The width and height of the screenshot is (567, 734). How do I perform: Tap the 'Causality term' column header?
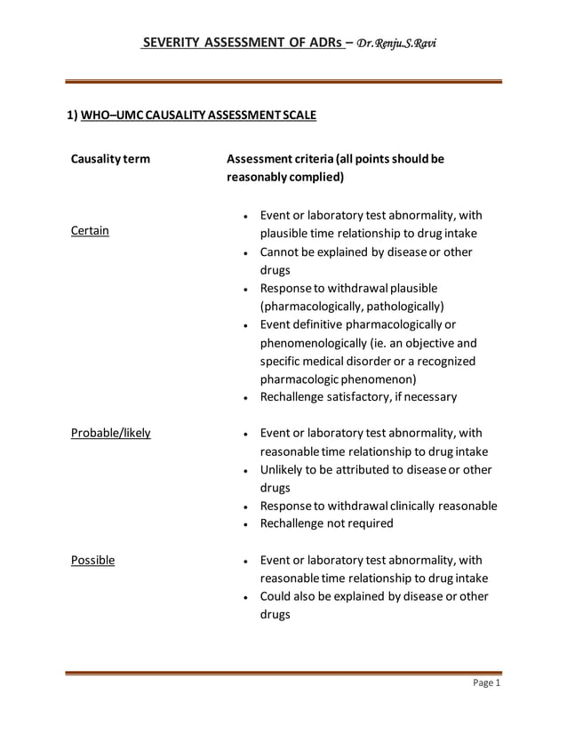pos(110,159)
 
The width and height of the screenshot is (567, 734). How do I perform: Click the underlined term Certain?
pos(90,231)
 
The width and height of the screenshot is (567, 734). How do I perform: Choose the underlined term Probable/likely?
pos(110,433)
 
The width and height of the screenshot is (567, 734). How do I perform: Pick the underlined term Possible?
pos(92,560)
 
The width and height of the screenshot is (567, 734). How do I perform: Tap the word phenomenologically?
pos(315,342)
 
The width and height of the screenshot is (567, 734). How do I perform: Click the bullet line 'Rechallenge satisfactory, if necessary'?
pos(358,396)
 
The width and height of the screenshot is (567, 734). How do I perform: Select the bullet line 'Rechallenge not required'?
pos(326,523)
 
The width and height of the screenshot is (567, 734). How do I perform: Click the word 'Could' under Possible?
pos(277,596)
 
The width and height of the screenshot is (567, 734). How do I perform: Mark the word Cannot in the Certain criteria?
pos(281,252)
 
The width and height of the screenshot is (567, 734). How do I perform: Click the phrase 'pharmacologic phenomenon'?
pos(331,379)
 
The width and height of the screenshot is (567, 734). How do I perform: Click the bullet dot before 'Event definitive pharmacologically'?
pos(244,325)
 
